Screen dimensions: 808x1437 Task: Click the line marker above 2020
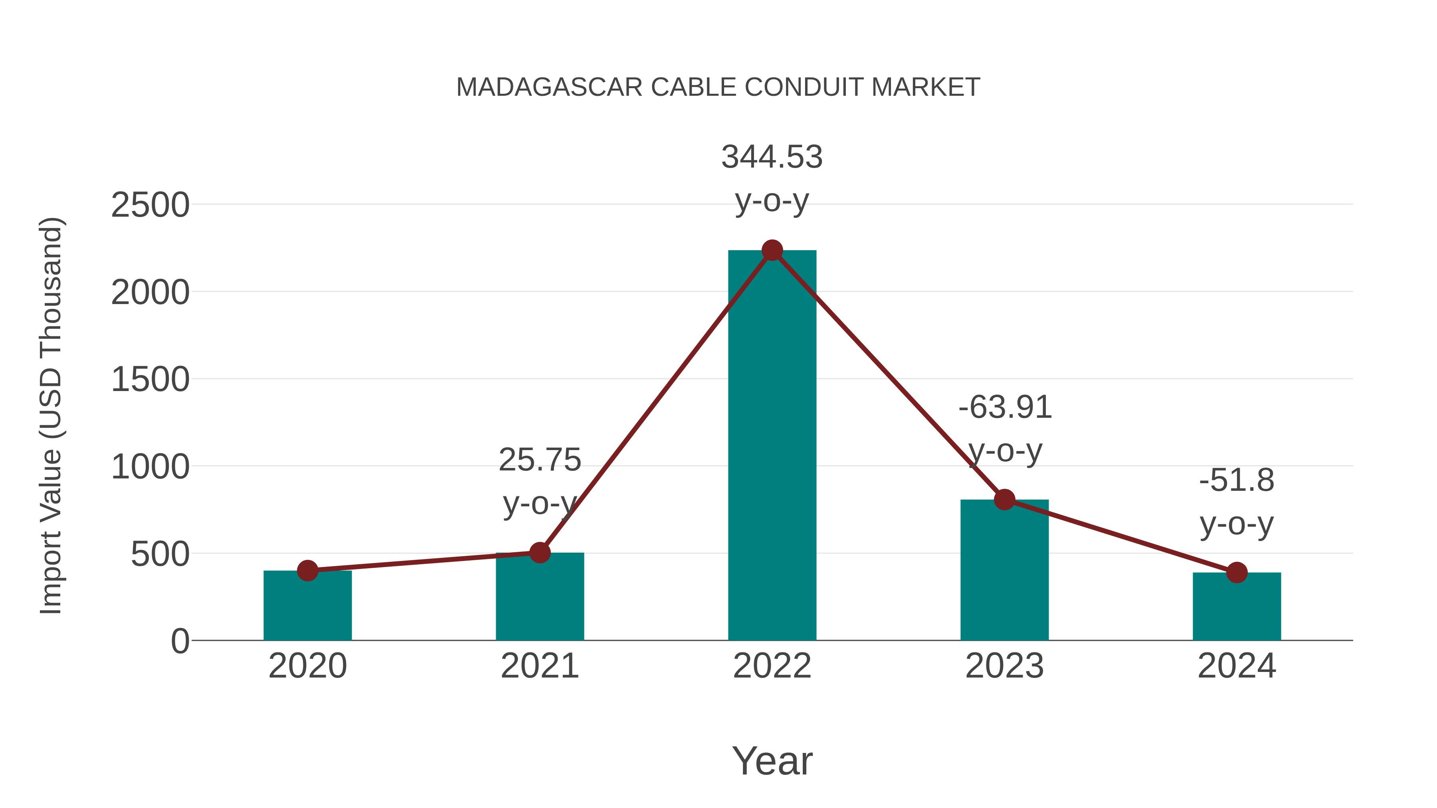[x=307, y=571]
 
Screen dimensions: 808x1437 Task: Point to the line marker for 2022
[x=772, y=250]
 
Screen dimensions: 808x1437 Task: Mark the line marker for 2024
[x=1237, y=572]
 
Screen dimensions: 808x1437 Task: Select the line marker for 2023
[x=1004, y=500]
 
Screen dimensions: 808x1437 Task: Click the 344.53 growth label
[x=772, y=157]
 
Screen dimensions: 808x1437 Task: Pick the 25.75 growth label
[x=539, y=460]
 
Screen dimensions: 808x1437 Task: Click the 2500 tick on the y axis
[x=150, y=205]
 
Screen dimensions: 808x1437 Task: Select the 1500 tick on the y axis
[x=150, y=380]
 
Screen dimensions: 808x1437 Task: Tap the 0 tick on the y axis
[x=180, y=641]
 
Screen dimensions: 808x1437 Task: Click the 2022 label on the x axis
[x=772, y=666]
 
